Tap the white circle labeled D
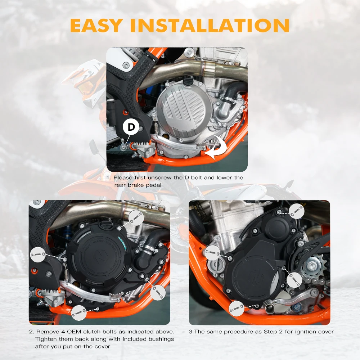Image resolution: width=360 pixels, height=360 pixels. (131, 127)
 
